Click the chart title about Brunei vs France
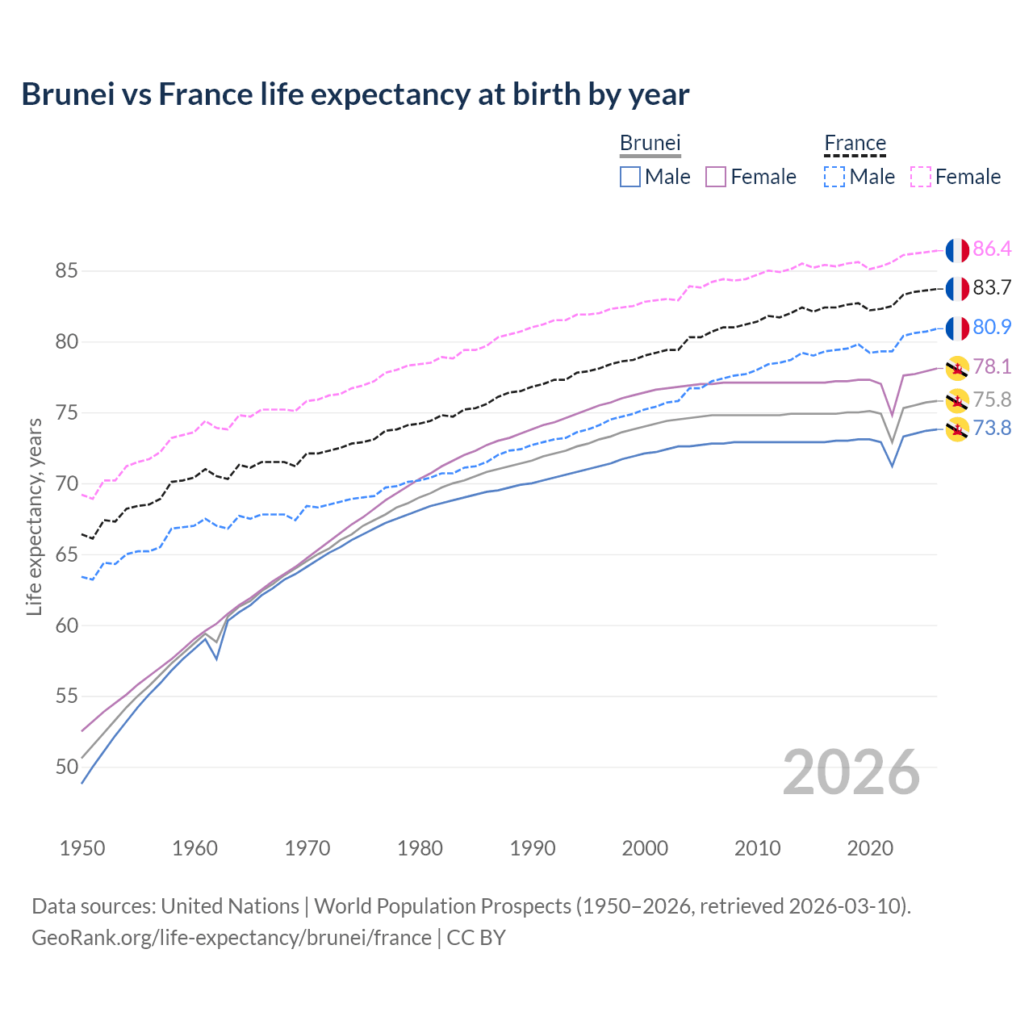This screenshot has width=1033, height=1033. point(355,94)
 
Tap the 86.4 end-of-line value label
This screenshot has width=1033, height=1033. point(992,249)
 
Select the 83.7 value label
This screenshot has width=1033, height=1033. point(992,288)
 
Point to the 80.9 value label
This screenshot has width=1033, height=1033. point(992,328)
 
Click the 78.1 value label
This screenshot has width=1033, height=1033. point(992,367)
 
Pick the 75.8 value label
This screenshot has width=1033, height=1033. point(992,400)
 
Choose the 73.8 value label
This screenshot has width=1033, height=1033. point(992,429)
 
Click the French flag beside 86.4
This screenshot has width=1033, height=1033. point(957,250)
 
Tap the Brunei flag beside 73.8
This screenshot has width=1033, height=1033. point(957,429)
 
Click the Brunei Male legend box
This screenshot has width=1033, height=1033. point(630,177)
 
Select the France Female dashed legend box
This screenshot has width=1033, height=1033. point(921,177)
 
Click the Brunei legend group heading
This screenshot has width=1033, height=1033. point(650,144)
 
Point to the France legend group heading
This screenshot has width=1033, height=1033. point(855,144)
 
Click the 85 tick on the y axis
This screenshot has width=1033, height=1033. point(66,271)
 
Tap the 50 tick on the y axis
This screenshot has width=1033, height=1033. point(66,767)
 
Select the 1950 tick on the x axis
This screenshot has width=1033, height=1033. point(82,848)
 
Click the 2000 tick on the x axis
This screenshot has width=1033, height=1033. point(645,848)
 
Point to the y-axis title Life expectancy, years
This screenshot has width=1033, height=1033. point(34,516)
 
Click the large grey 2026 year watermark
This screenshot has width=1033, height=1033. point(851,772)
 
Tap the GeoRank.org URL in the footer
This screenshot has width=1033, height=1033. point(232,938)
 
